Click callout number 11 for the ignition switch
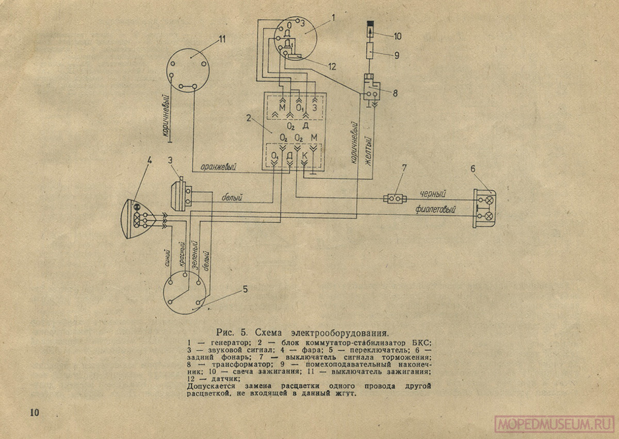point(222,39)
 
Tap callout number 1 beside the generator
point(333,17)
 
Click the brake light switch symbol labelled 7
point(396,198)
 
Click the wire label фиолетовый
point(437,210)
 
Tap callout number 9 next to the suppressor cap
point(397,54)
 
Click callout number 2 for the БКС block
point(249,118)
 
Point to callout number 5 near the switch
point(245,289)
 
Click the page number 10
point(35,412)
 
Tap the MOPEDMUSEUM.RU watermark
point(554,424)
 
